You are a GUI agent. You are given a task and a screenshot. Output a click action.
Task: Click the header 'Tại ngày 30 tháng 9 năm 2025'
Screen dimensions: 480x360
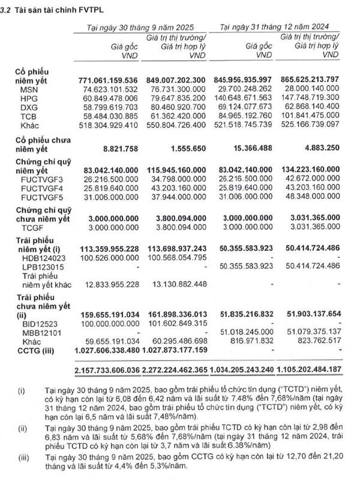coord(142,27)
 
